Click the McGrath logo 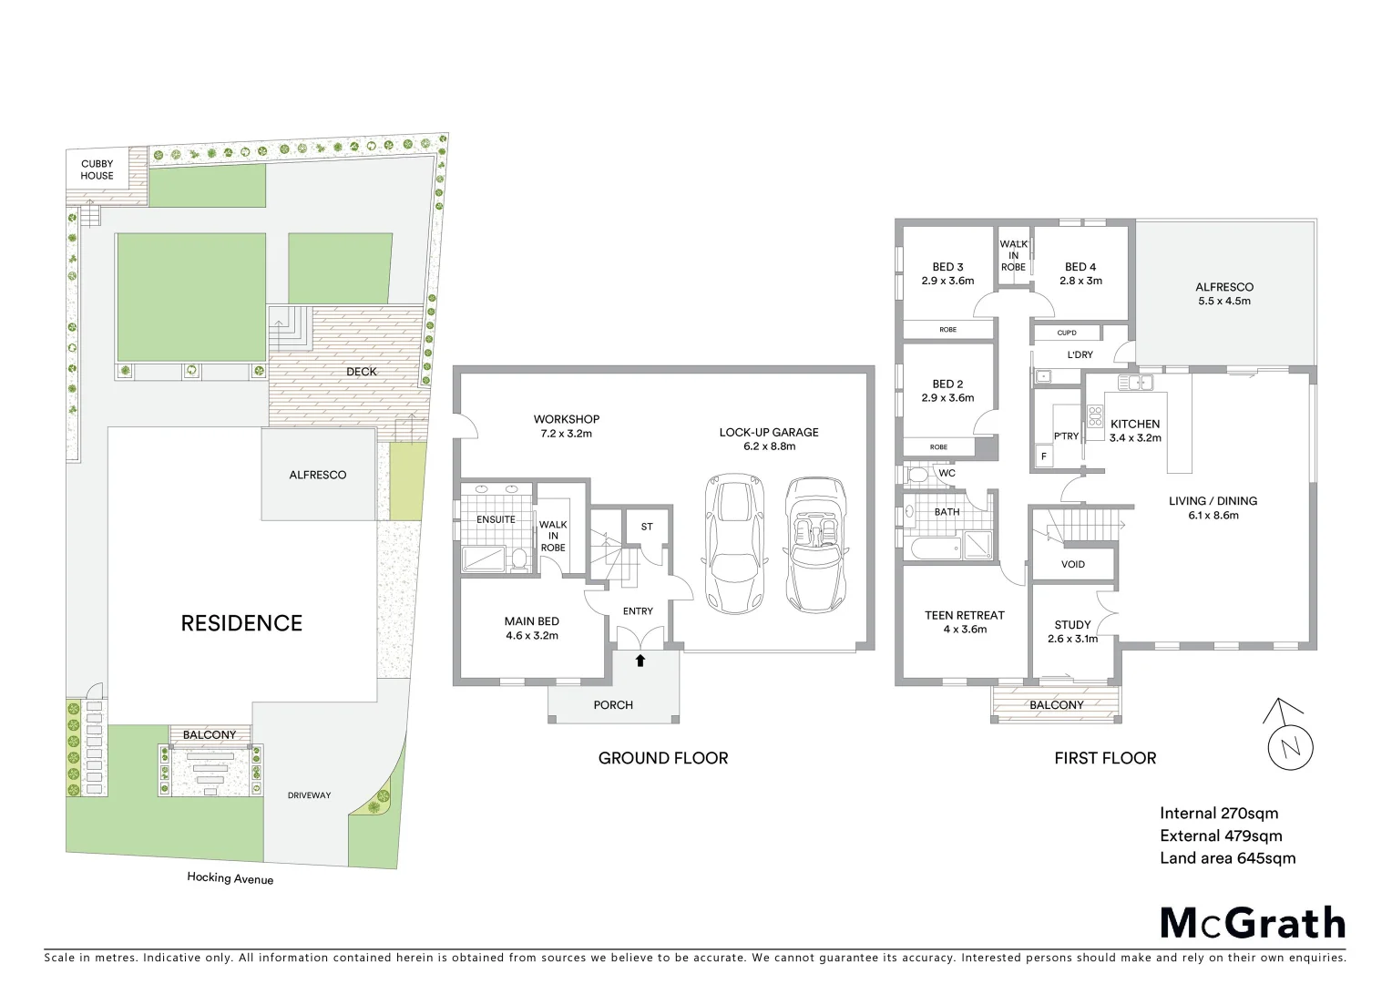1252,923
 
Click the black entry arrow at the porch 640,661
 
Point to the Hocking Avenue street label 230,878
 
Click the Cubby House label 97,170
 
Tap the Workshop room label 566,426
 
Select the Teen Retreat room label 964,621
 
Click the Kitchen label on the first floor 1135,430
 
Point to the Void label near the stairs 1073,564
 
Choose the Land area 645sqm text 1227,857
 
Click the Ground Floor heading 662,758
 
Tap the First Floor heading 1104,758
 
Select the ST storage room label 647,527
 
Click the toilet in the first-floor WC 918,475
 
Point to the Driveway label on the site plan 309,795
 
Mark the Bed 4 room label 1080,273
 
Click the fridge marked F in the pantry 1043,456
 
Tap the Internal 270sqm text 1218,813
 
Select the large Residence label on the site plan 241,623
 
